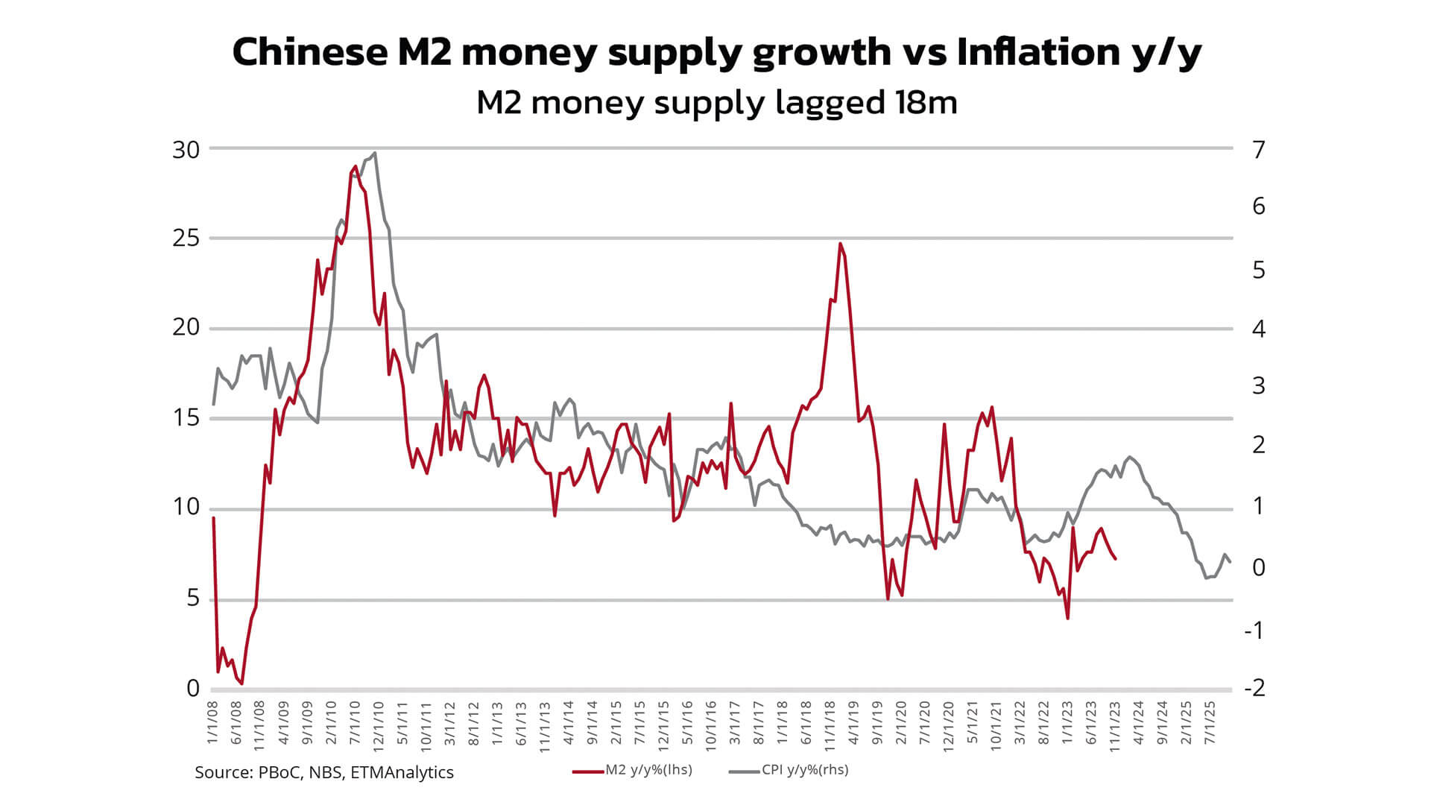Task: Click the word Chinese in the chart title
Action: tap(309, 52)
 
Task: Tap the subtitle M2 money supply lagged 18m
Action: tap(716, 102)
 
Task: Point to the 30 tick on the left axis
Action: tap(186, 150)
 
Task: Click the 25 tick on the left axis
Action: tap(186, 239)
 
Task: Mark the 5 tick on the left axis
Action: tap(193, 598)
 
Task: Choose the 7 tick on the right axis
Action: tap(1259, 150)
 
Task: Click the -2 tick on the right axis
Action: tap(1255, 688)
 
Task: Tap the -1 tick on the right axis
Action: tap(1255, 631)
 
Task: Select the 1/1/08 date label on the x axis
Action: tap(213, 722)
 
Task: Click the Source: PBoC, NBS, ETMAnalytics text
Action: tap(324, 772)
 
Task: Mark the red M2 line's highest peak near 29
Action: tap(355, 166)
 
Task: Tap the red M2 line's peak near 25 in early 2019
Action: tap(840, 243)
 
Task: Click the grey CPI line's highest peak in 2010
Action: tap(374, 153)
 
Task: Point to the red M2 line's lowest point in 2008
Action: tap(241, 684)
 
